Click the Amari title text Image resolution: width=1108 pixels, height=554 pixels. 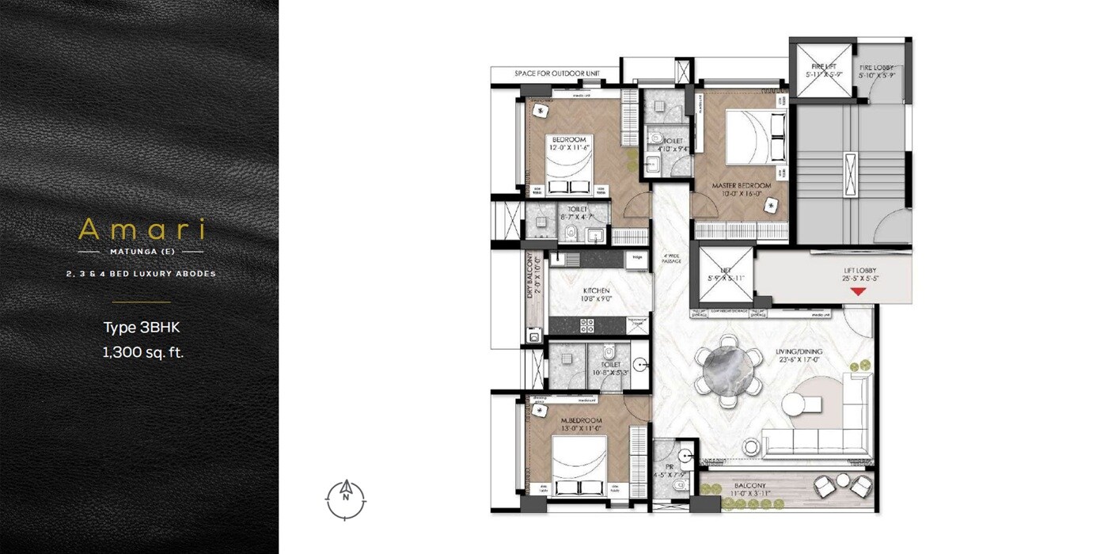(142, 230)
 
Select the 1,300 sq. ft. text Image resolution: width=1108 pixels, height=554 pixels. (142, 353)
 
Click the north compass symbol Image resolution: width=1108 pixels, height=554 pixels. (346, 499)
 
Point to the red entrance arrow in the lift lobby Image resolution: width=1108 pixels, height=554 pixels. (857, 292)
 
